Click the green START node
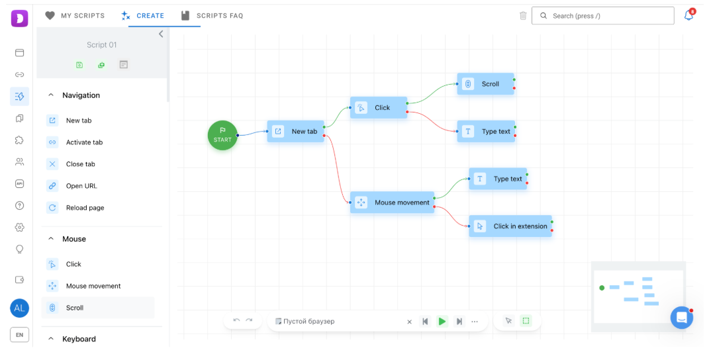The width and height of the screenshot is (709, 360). [222, 135]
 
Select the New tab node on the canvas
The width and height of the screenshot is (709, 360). [296, 131]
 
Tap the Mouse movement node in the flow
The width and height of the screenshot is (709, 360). [392, 202]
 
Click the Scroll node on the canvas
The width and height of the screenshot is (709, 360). [486, 83]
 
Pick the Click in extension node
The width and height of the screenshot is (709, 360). [510, 226]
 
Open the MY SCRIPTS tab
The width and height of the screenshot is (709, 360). [75, 15]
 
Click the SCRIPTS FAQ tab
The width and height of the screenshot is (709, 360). [212, 15]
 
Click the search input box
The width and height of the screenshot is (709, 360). [602, 16]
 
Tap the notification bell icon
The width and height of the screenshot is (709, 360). [688, 15]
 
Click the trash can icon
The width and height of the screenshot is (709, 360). [523, 16]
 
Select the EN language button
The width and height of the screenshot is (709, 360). [19, 335]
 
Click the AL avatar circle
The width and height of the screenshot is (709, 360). [19, 308]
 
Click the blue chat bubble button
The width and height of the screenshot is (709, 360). [681, 318]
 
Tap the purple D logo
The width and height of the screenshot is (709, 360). [19, 19]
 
